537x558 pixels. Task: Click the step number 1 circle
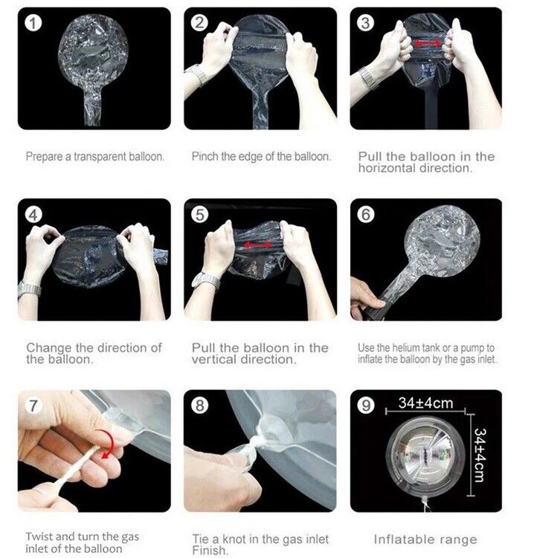point(33,23)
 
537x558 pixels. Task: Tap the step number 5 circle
point(199,215)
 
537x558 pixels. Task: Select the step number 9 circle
point(366,406)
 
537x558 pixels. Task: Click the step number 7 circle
point(33,406)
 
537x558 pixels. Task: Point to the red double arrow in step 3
point(426,43)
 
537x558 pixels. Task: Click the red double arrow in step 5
point(258,245)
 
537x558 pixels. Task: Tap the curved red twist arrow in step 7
point(108,444)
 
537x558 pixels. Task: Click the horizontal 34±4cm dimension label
point(426,403)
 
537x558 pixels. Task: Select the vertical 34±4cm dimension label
point(480,455)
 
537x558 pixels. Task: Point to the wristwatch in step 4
point(30,288)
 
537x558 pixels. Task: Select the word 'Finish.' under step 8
point(210,550)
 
